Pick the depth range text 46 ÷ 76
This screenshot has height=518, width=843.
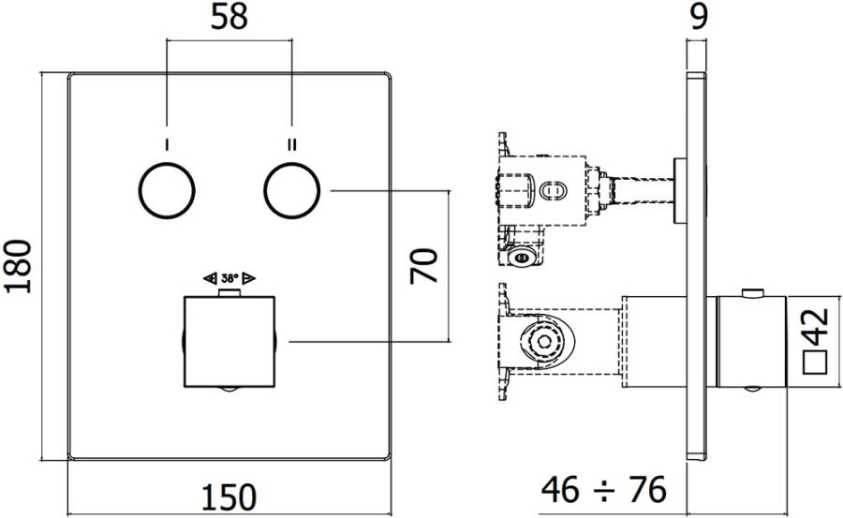click(x=604, y=489)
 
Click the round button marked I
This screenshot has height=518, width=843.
click(x=166, y=190)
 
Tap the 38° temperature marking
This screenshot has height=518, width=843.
click(x=229, y=278)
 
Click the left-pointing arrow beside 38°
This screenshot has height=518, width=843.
click(x=210, y=278)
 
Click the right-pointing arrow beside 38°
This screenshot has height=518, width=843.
click(x=250, y=278)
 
